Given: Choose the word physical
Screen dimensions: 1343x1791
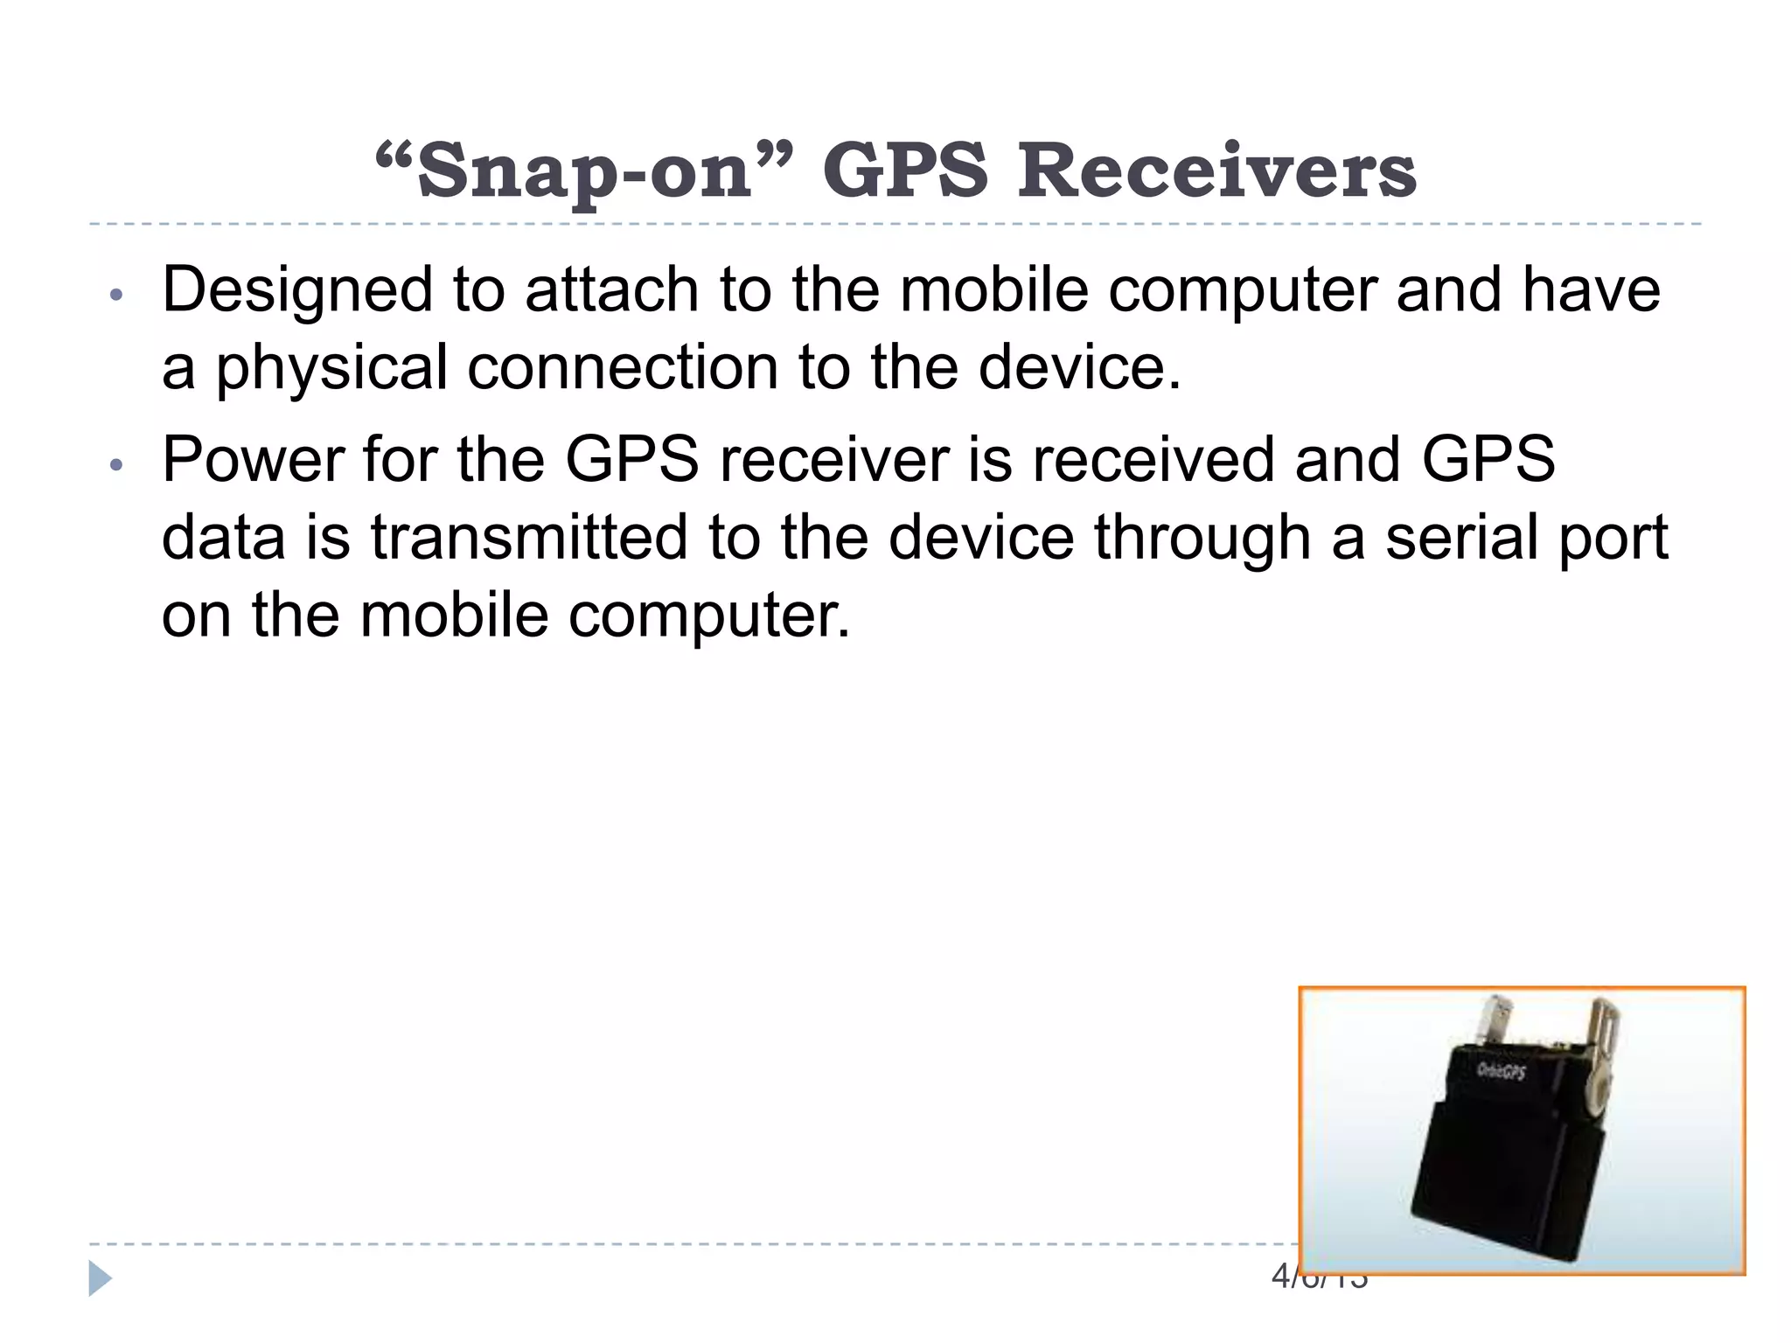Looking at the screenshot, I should click(x=331, y=367).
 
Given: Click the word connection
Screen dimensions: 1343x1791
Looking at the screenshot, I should click(x=622, y=367).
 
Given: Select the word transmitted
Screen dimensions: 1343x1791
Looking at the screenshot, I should click(x=528, y=537).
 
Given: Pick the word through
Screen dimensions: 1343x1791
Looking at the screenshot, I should click(x=1202, y=537).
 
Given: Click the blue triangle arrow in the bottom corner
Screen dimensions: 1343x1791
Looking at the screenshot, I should click(x=100, y=1278).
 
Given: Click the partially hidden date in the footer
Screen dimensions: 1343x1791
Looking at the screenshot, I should click(x=1319, y=1277).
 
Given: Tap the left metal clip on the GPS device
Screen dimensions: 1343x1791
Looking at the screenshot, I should click(x=1501, y=1018).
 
